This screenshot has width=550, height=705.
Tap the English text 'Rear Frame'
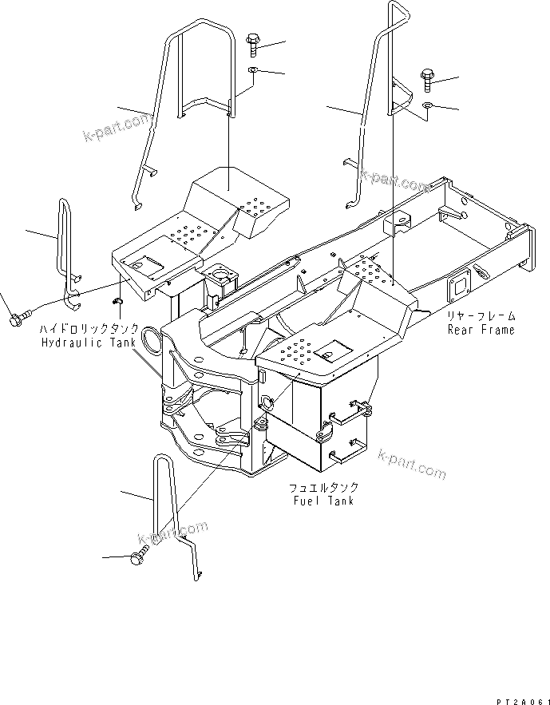click(x=481, y=330)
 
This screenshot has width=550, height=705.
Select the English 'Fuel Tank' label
click(x=322, y=501)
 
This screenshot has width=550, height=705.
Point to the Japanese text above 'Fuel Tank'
click(x=322, y=487)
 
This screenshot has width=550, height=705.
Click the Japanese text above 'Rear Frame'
click(x=481, y=316)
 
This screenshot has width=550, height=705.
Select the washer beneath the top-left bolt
click(x=253, y=71)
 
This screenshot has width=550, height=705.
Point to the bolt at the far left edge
click(x=16, y=320)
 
